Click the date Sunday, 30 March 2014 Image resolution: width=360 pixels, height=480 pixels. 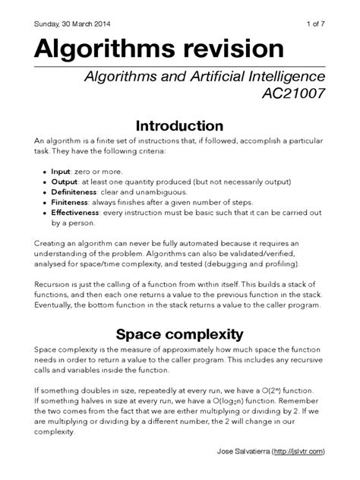coord(71,17)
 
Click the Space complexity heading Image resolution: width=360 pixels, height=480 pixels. coord(180,334)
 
